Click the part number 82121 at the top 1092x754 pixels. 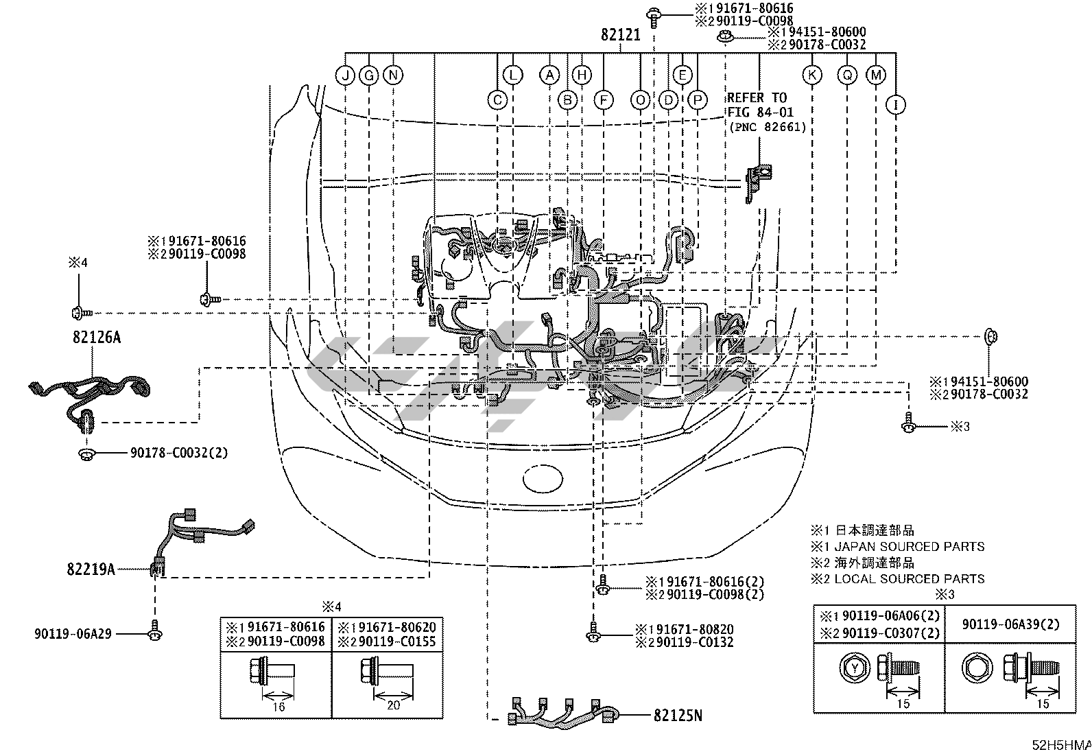coord(620,34)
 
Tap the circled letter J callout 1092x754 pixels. coord(345,75)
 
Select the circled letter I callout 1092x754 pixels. coord(896,105)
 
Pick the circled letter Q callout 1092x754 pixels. coord(847,75)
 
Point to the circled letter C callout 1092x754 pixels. coord(497,100)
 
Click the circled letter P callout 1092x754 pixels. coord(698,100)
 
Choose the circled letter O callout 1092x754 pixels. coord(640,100)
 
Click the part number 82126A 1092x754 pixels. coord(97,337)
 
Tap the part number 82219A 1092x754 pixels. coord(91,569)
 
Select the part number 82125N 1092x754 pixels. coord(678,716)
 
